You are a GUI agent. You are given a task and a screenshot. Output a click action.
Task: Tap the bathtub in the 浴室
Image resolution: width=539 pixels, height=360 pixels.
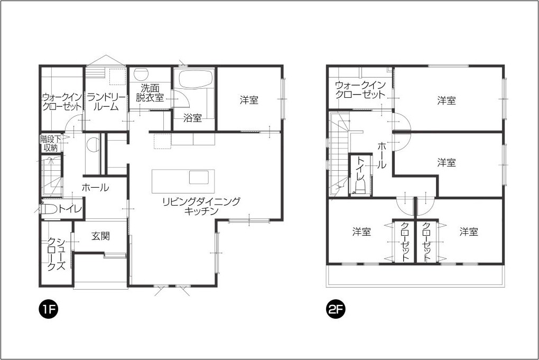tap(194, 79)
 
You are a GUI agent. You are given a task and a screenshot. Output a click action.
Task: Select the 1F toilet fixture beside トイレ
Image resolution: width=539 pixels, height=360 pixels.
tap(49, 209)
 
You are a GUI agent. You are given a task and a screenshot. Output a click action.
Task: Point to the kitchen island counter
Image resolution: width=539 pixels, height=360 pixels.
tap(183, 181)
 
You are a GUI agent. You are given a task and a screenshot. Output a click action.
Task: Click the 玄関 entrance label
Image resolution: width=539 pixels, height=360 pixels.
tap(100, 236)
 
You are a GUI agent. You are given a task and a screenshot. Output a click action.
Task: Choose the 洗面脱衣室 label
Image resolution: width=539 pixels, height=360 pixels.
tap(150, 93)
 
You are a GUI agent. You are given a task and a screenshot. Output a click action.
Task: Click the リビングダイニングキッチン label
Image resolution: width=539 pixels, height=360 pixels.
tap(201, 206)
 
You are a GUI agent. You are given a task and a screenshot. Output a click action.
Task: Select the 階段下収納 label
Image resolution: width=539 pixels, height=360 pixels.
tap(51, 144)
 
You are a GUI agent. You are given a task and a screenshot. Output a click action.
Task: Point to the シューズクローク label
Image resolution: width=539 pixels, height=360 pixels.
tap(56, 254)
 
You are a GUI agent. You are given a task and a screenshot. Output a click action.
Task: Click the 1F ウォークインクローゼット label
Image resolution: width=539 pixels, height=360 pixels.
tap(62, 102)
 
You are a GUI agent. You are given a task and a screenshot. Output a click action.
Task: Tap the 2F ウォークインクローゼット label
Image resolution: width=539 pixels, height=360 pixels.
tap(360, 90)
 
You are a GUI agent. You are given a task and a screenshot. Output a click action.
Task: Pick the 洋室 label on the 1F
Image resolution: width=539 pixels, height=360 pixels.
tap(249, 100)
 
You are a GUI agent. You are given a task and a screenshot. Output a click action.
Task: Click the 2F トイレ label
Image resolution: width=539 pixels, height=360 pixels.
tap(360, 169)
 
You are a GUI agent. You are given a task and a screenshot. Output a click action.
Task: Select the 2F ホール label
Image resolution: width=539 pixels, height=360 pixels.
tap(382, 155)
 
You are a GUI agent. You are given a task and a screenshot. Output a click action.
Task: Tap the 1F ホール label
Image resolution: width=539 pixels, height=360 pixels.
tap(95, 187)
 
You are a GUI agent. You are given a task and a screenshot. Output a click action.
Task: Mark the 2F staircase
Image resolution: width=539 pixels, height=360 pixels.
tap(339, 155)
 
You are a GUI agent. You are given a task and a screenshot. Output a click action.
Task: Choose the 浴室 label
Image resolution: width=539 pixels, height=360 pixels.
tap(192, 118)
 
